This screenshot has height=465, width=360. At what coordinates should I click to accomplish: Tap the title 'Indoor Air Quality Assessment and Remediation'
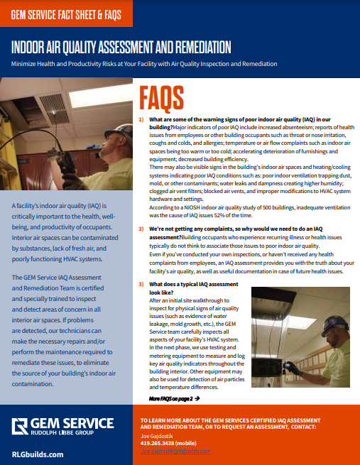pos(121,48)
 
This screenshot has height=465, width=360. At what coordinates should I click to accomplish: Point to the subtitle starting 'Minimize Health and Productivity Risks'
pos(143,64)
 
